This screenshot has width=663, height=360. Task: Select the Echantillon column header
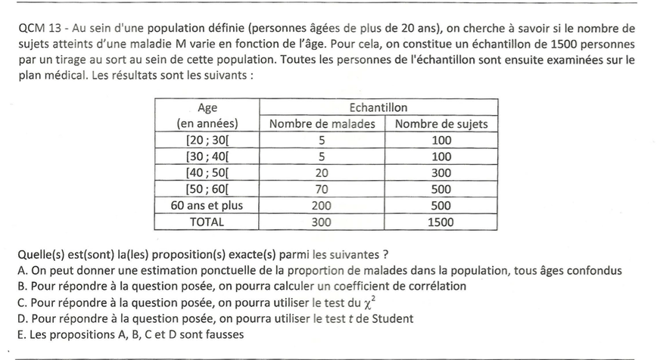tap(378, 107)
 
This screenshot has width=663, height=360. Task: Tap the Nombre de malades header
tap(322, 124)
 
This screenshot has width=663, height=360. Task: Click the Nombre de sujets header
tap(441, 124)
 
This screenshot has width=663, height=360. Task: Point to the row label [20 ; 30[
tap(207, 141)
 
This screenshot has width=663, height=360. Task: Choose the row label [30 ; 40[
tap(207, 157)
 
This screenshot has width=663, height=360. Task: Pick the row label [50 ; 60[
tap(207, 189)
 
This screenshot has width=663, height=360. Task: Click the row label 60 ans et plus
tap(207, 206)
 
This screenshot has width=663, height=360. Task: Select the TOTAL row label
tap(207, 222)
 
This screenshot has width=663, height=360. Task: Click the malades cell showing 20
tap(322, 173)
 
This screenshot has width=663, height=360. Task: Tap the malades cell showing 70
tap(322, 189)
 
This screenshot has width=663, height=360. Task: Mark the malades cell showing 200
tap(322, 206)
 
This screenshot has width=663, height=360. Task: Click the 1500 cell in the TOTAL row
tap(441, 222)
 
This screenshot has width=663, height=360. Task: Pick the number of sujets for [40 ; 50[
tap(441, 173)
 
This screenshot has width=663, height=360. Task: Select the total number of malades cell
tap(322, 222)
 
